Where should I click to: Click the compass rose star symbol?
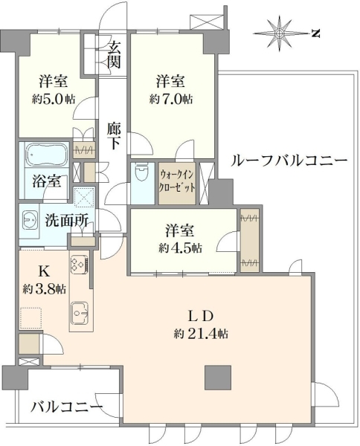coord(280,33)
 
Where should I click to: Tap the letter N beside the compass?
coord(315,34)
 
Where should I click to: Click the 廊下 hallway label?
coord(114,136)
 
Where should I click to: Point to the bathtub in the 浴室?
coord(47,154)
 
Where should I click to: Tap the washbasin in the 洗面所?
coord(30,219)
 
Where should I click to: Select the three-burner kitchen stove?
coord(80,265)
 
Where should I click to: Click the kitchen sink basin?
coord(80,313)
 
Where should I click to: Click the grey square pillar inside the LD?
coord(218,377)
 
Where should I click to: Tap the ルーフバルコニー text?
coord(289,161)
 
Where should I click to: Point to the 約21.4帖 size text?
coord(202,333)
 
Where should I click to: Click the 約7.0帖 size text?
coord(171,100)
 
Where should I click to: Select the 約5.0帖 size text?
coord(54,100)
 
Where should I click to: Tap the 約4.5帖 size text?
coord(181,248)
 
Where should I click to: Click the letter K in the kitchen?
coord(44,272)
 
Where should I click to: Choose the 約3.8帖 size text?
coord(45,290)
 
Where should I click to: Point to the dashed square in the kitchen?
coord(31,318)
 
